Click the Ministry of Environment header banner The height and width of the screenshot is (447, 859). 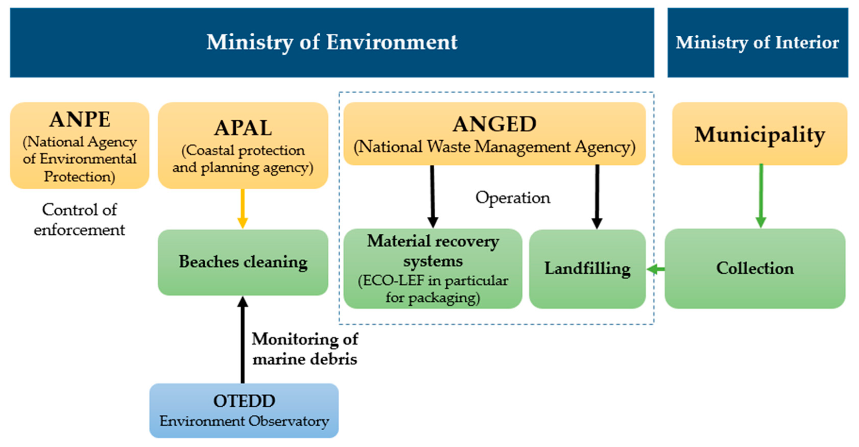[332, 43]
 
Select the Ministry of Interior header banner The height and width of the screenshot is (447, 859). [757, 43]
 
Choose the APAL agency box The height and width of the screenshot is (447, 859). [243, 145]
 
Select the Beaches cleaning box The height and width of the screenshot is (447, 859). [243, 262]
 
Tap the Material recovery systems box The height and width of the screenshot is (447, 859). [432, 269]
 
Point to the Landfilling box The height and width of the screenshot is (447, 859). [587, 269]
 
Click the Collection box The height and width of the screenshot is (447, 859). [755, 269]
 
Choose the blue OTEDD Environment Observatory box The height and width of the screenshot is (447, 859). [244, 410]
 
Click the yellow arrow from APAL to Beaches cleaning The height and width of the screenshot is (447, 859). [242, 209]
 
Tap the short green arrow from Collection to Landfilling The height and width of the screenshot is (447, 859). [656, 269]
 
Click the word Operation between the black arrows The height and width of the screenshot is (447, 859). [513, 198]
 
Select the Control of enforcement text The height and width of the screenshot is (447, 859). [79, 220]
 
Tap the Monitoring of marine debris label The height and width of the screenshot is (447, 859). [305, 349]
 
